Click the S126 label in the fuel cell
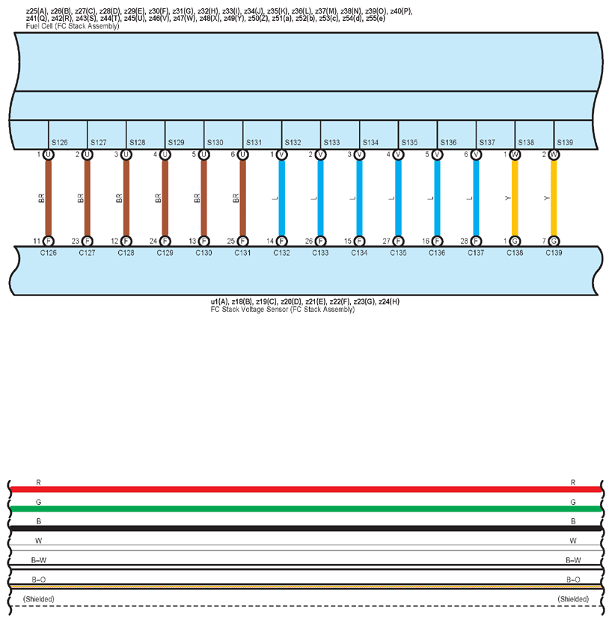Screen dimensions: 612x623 tap(60, 142)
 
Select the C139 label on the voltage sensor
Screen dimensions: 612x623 tap(554, 253)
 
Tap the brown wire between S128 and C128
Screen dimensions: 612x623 tap(126, 198)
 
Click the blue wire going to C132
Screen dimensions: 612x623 tap(282, 198)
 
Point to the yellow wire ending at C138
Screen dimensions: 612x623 tap(515, 198)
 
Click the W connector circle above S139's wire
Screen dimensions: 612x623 tap(554, 155)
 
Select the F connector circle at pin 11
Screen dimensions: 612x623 tap(49, 241)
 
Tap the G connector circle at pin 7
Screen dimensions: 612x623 tap(554, 241)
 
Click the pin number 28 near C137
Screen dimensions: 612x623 tap(464, 241)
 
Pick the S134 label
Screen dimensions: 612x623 tap(370, 142)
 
